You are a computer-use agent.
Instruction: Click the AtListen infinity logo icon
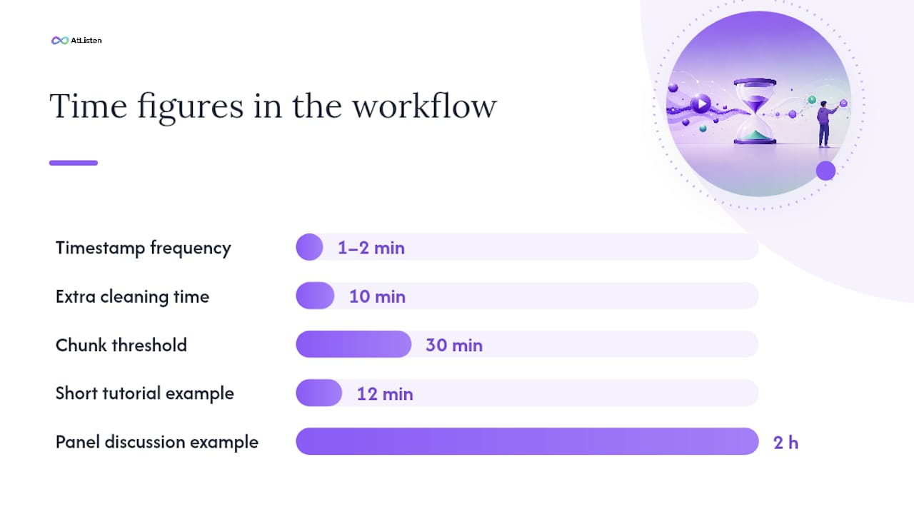coord(60,41)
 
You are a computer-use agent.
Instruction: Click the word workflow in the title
coord(425,106)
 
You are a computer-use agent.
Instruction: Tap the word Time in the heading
coord(88,106)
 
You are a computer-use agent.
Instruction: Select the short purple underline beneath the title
coord(74,163)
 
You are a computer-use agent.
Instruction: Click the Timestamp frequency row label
coord(144,248)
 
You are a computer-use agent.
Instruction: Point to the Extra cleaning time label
coord(132,296)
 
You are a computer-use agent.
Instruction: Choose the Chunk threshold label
coord(121,345)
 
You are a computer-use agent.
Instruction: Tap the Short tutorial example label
coord(145,393)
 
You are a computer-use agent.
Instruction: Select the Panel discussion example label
coord(157,442)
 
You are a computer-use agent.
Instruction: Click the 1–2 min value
coord(371,248)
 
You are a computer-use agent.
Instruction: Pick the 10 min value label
coord(378,296)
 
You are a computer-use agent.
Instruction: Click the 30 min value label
coord(454,345)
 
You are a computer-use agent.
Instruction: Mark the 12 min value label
coord(385,393)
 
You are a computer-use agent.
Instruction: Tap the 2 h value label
coord(786,443)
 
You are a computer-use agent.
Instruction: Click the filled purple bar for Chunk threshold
coord(353,344)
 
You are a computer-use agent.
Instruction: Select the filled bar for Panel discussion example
coord(527,441)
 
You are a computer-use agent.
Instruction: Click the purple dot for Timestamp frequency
coord(309,247)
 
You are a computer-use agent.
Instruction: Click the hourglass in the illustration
coord(755,111)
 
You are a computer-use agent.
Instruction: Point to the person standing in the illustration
coord(826,124)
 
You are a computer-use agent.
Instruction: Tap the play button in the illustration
coord(701,104)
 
